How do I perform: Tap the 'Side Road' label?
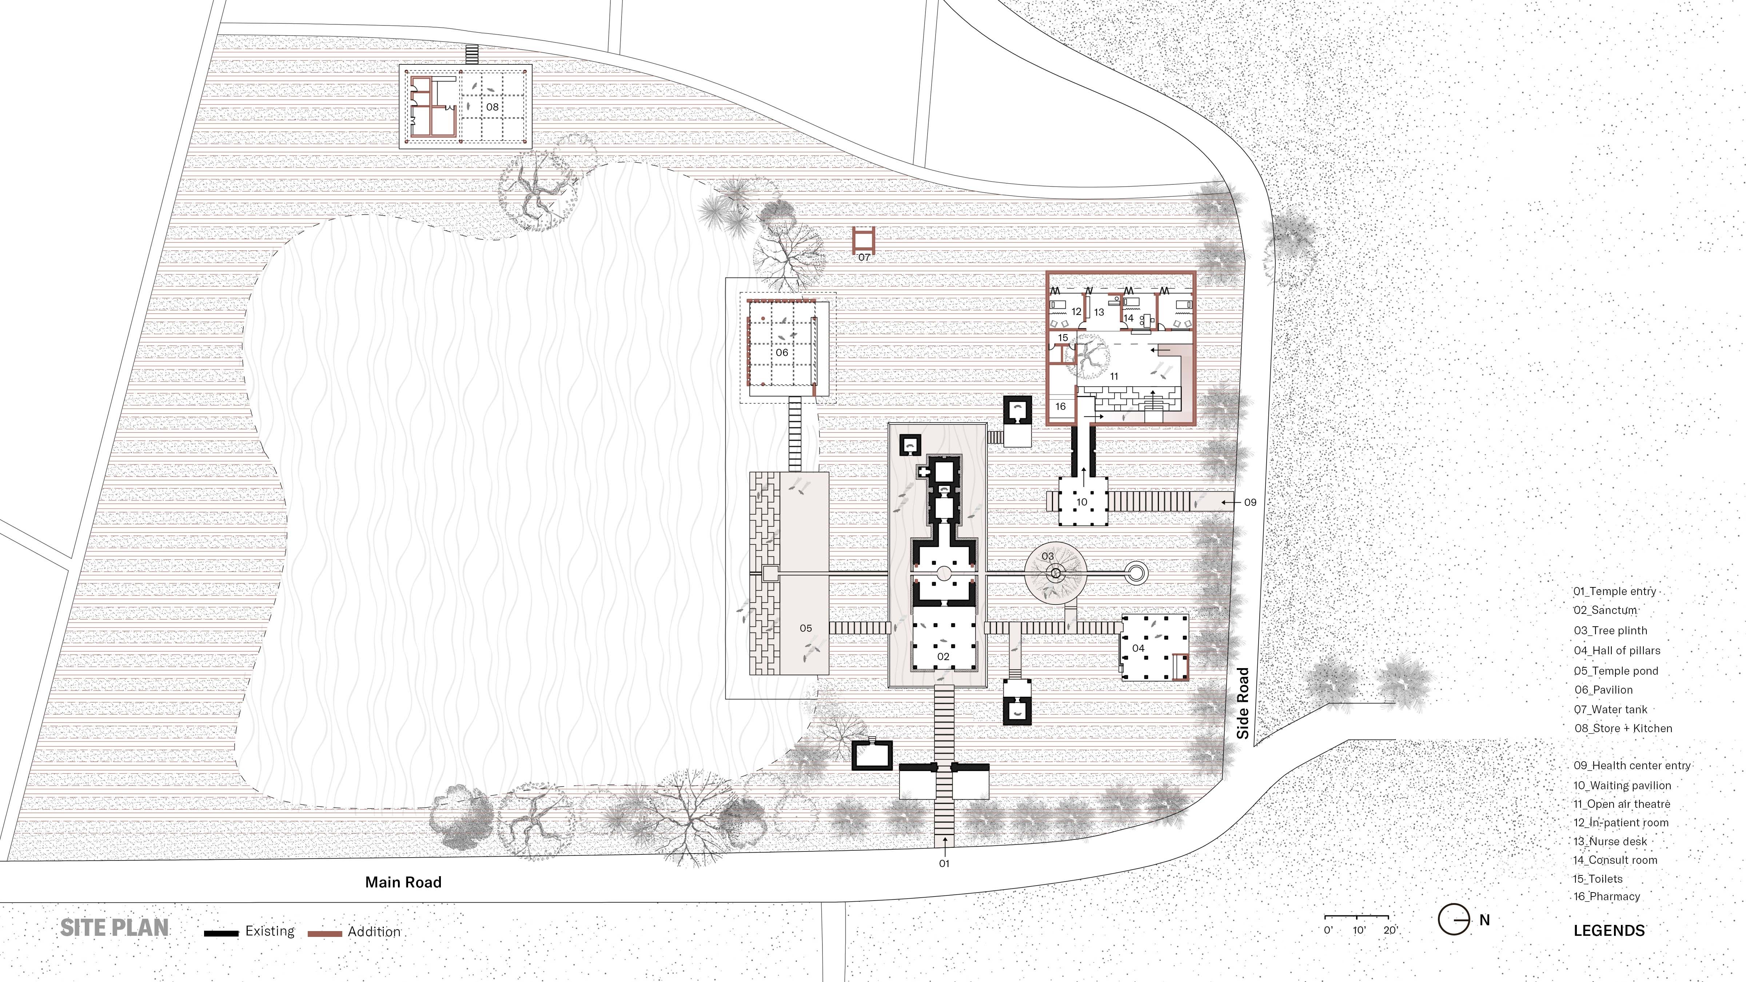(x=1243, y=703)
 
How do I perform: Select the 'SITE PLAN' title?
(x=115, y=928)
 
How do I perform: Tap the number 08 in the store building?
(x=492, y=107)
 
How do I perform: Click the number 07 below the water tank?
(x=864, y=258)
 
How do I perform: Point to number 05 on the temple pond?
(x=805, y=628)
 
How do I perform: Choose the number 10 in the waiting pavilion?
(x=1082, y=502)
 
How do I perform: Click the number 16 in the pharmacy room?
(x=1061, y=407)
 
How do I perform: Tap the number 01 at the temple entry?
(x=944, y=863)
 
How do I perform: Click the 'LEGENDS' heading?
(x=1609, y=930)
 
